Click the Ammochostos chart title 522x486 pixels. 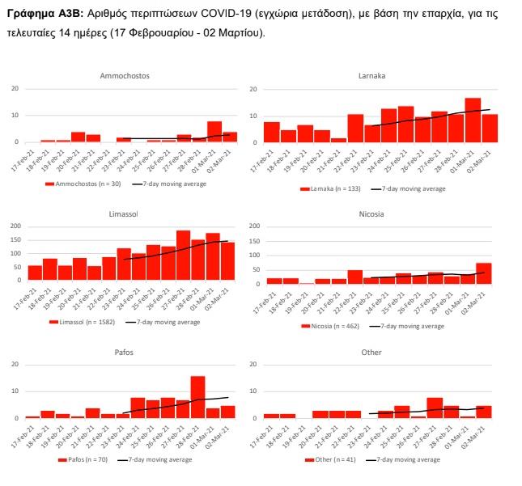[x=125, y=75]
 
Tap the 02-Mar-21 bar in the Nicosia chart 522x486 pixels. [x=484, y=273]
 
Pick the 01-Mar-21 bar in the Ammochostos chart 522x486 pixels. [x=214, y=132]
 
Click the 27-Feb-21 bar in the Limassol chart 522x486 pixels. [x=183, y=256]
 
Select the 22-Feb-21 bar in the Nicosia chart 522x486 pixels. [x=354, y=277]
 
